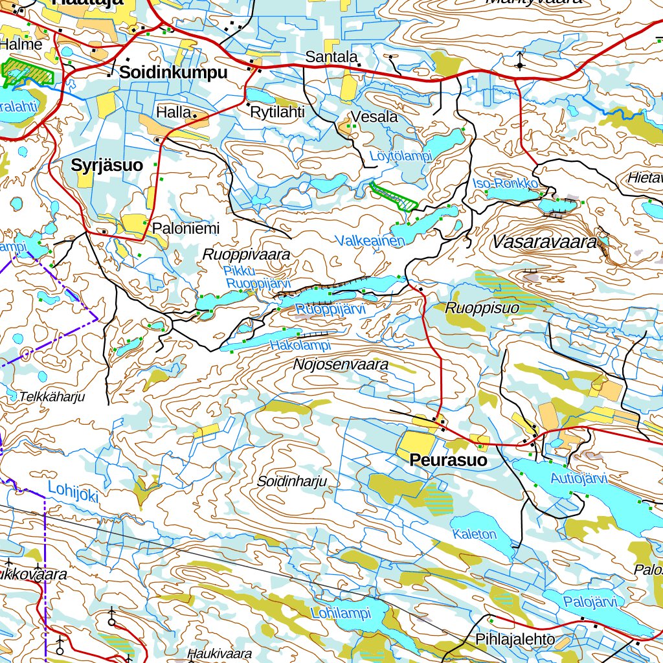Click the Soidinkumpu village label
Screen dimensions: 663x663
[x=173, y=73]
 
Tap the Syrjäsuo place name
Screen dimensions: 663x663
[x=107, y=165]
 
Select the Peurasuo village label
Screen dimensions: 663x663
[x=448, y=460]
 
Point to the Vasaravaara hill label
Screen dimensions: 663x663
[x=544, y=243]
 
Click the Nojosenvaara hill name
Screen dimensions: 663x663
[x=341, y=365]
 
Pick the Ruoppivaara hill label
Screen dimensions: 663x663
[x=246, y=254]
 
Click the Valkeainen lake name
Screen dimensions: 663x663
[x=370, y=241]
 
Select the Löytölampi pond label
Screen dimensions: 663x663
[x=400, y=157]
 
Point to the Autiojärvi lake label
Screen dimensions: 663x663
[x=578, y=479]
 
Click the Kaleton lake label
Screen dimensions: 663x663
[x=475, y=534]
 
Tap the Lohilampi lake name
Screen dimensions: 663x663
[x=340, y=612]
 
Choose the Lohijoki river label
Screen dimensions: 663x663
[x=73, y=492]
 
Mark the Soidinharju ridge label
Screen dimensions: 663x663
[x=291, y=481]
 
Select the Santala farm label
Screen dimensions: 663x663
[x=331, y=57]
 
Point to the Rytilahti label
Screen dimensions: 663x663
[x=277, y=112]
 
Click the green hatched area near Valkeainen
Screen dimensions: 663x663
[x=394, y=196]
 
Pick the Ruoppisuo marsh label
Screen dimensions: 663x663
[x=482, y=308]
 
